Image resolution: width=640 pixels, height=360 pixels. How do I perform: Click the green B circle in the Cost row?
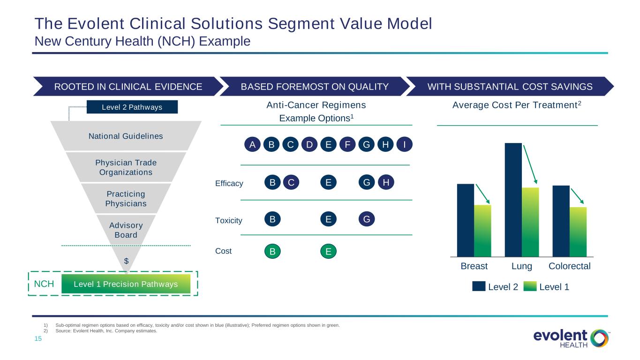point(272,251)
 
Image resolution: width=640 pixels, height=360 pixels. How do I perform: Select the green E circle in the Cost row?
point(328,251)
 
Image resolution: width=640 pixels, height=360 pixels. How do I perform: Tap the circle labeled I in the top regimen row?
point(404,144)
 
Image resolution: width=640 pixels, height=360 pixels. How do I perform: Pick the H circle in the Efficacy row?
point(386,182)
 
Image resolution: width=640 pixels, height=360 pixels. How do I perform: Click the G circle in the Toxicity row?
point(367,219)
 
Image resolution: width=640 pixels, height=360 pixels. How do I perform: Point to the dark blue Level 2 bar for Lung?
point(513,200)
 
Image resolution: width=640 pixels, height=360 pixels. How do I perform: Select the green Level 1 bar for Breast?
point(482,231)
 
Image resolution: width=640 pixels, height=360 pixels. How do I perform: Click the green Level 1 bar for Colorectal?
point(578,232)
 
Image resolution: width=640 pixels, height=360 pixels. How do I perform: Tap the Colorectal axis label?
point(569,266)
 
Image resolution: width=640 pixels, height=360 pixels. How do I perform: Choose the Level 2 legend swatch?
point(479,286)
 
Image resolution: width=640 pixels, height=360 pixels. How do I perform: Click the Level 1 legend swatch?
point(530,286)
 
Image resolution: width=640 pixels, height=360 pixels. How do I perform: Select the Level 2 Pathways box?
point(132,107)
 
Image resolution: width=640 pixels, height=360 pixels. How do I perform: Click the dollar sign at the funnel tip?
point(126,261)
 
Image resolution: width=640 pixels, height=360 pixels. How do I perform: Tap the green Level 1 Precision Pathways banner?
point(126,284)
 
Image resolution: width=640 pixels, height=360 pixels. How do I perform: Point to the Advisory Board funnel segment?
point(126,230)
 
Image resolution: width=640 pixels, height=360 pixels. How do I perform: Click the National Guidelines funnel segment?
point(126,136)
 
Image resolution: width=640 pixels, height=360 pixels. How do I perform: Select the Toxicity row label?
point(229,220)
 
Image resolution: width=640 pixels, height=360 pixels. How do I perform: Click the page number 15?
point(38,338)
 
